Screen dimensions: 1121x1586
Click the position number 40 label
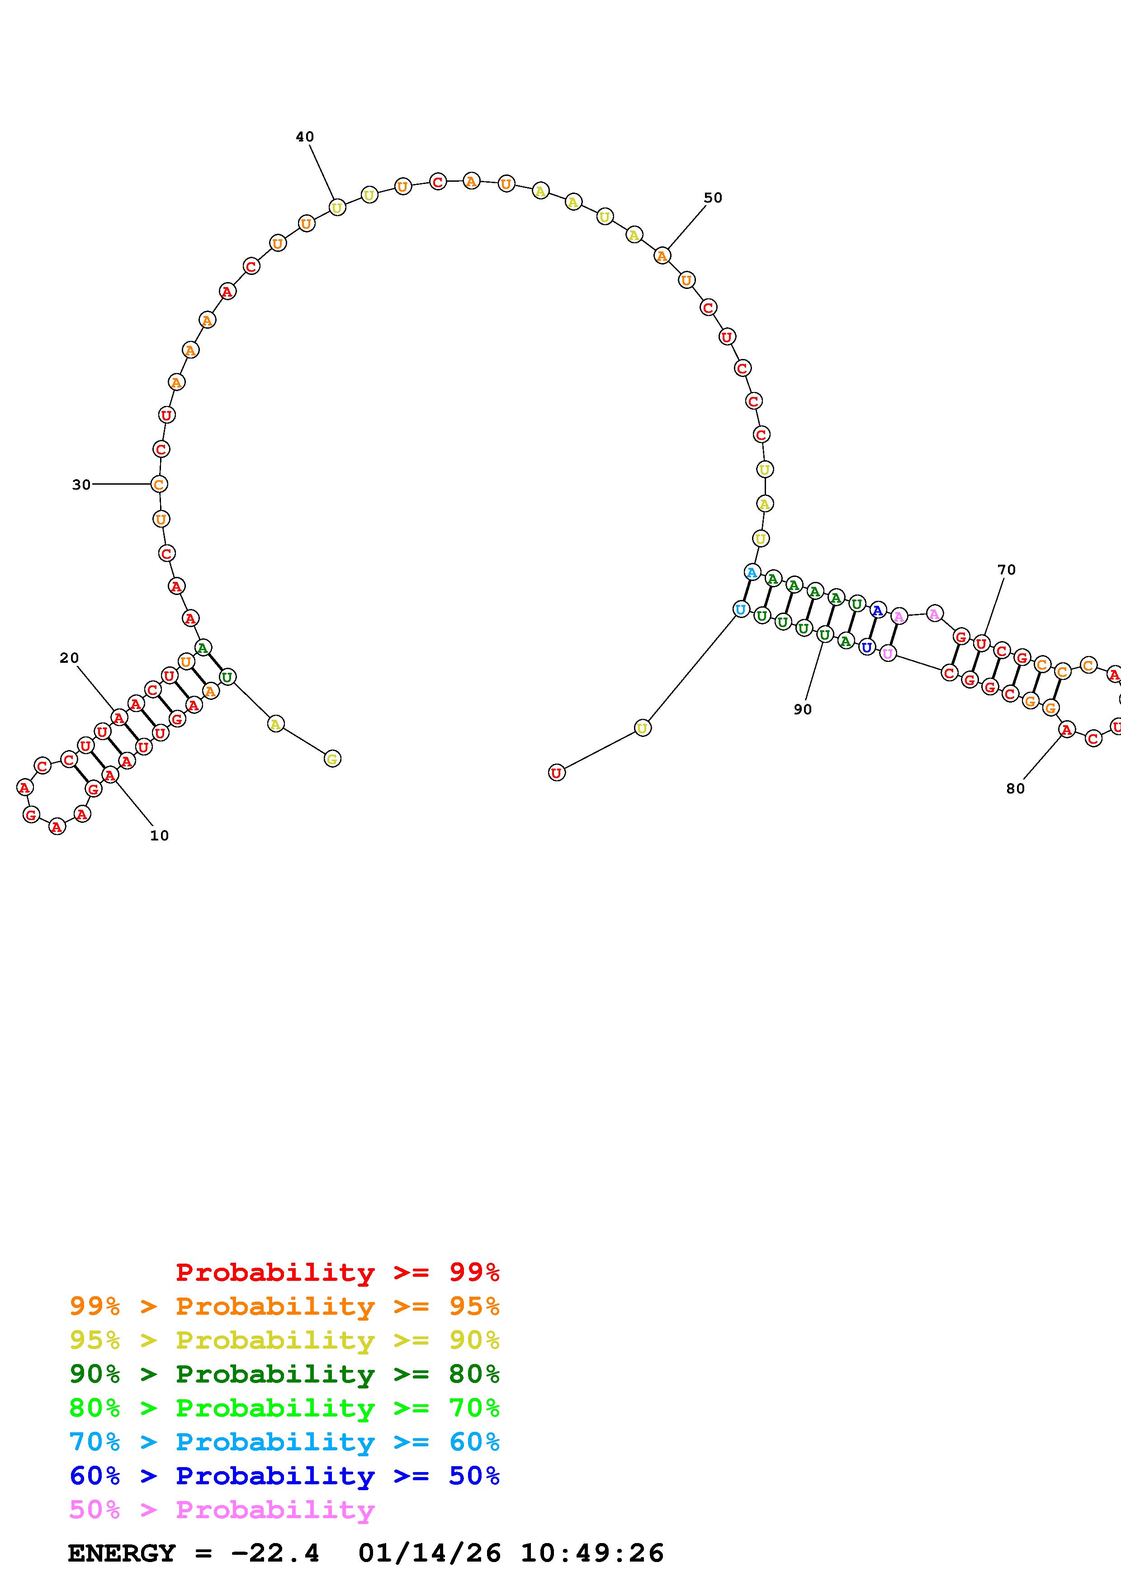305,137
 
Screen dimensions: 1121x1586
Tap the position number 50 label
713,198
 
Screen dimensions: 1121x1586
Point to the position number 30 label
81,485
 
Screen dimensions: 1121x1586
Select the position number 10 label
160,836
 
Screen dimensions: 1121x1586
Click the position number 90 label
803,709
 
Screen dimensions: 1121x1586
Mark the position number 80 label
1015,789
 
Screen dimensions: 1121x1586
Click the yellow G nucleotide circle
332,759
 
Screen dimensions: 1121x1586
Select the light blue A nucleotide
752,572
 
